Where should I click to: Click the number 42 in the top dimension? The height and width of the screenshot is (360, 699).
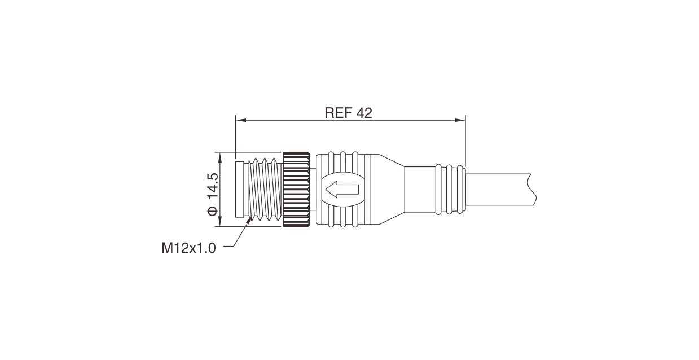click(x=364, y=113)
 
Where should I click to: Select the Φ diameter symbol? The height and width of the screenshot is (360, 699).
click(x=212, y=211)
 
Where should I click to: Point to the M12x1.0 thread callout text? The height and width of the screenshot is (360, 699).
click(x=188, y=248)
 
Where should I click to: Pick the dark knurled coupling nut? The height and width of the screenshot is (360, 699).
click(x=296, y=190)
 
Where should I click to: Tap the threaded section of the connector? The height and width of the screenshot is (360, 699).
click(x=265, y=190)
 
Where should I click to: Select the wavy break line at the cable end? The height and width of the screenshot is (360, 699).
click(x=531, y=189)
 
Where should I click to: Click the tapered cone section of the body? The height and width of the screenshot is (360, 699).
click(x=389, y=190)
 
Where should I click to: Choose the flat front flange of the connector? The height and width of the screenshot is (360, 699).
click(x=240, y=190)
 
